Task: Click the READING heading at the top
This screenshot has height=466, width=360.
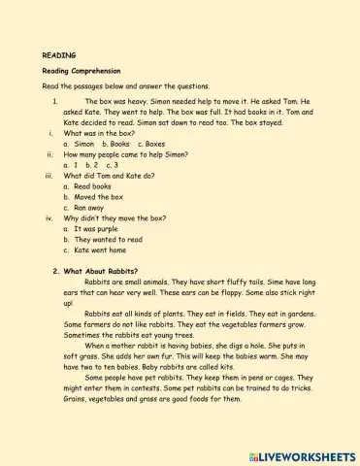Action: [59, 55]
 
